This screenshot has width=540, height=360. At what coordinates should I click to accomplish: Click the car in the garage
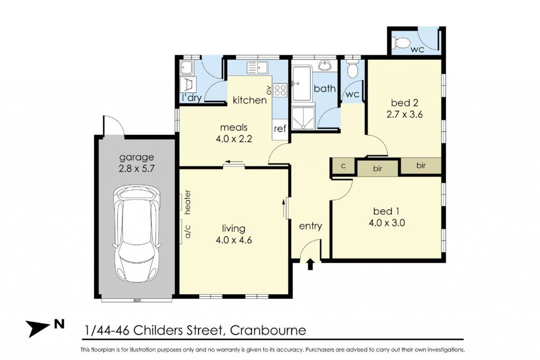[137, 234]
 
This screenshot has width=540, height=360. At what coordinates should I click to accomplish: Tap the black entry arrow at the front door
[310, 264]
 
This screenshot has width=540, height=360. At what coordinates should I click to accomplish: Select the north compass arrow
[38, 328]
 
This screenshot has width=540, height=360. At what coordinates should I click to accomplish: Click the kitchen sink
[257, 68]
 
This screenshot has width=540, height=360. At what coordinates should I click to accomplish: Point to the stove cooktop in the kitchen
[280, 91]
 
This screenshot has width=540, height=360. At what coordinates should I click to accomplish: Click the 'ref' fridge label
[280, 129]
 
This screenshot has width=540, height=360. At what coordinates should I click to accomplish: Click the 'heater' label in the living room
[188, 202]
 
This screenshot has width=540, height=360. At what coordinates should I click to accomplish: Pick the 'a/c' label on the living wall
[188, 231]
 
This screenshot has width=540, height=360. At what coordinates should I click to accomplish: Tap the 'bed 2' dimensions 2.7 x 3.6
[404, 114]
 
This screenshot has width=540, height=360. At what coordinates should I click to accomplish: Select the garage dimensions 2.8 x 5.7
[137, 169]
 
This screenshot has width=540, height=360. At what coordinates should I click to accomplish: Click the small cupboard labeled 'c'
[343, 166]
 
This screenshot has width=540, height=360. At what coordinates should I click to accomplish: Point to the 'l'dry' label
[192, 98]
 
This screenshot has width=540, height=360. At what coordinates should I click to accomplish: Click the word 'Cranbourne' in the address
[268, 330]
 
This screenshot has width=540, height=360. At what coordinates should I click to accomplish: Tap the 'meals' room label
[234, 128]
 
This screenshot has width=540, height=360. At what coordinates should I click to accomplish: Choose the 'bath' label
[324, 89]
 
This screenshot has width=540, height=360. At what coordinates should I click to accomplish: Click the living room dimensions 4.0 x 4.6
[234, 239]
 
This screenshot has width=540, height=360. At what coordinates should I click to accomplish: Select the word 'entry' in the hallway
[310, 226]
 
